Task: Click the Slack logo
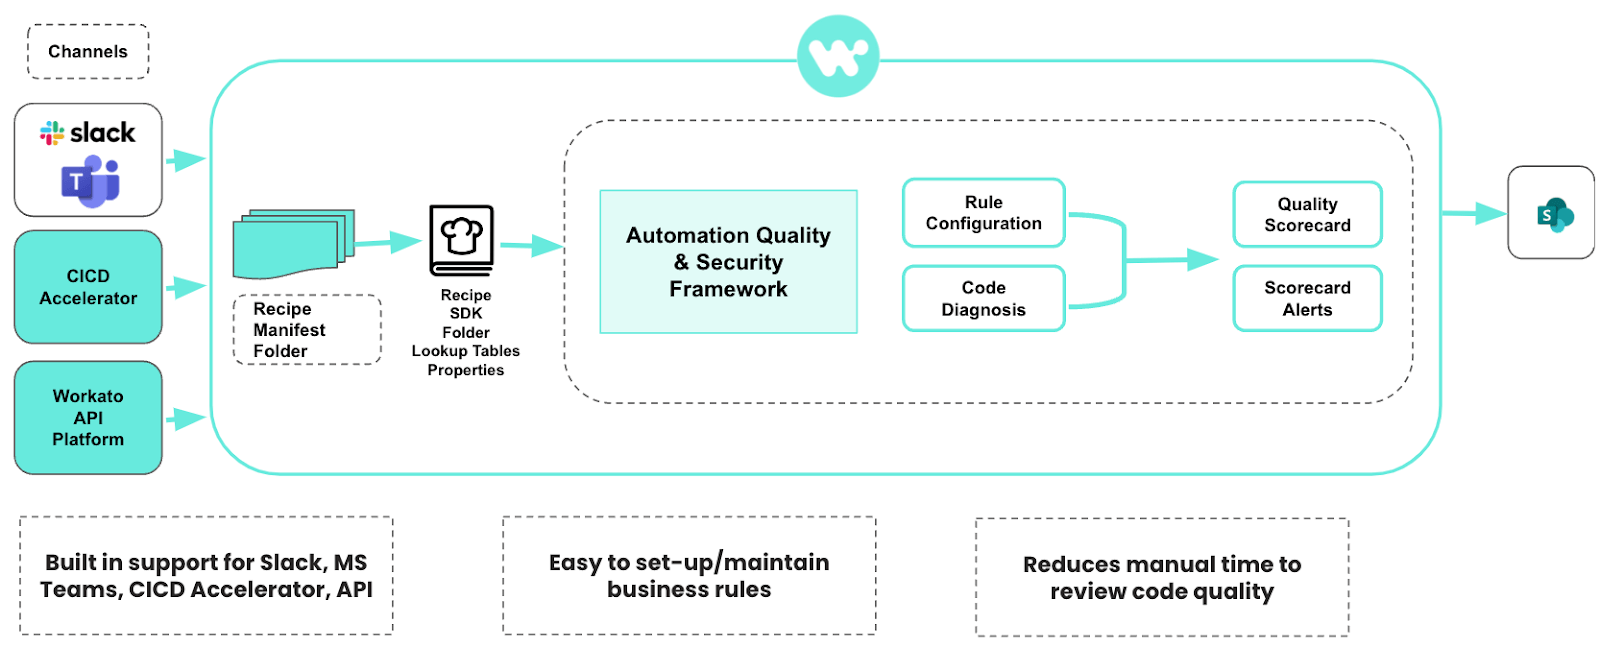coord(88,133)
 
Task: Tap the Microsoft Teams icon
coord(90,183)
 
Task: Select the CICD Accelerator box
coord(88,287)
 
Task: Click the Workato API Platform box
coord(88,417)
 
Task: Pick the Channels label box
coord(88,52)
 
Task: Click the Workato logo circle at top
coord(838,56)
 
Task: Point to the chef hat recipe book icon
coord(462,240)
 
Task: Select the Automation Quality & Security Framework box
coord(728,262)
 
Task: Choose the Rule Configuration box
coord(983,213)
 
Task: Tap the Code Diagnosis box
coord(983,299)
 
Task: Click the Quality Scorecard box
coord(1307,215)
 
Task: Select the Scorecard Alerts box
coord(1307,299)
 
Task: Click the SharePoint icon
coord(1554,214)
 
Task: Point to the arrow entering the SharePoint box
coord(1474,213)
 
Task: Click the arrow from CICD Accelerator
coord(185,288)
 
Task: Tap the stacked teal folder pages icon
coord(293,243)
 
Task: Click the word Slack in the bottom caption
coord(290,563)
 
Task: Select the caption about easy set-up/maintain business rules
coord(689,576)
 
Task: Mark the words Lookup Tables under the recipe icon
coord(466,351)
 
